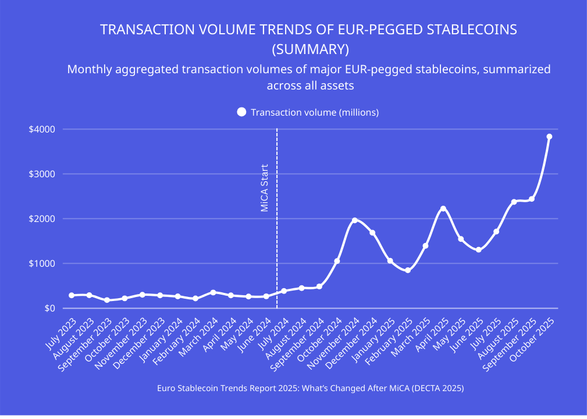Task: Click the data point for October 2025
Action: (549, 137)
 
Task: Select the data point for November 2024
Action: (355, 220)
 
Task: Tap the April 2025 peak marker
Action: (443, 209)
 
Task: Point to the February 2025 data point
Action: (408, 270)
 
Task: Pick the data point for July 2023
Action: (72, 295)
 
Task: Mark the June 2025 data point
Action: (479, 250)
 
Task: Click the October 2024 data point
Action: (337, 261)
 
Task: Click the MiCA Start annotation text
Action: (265, 188)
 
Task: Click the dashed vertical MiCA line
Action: (276, 244)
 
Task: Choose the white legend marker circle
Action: (241, 112)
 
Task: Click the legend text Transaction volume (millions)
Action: (315, 112)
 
